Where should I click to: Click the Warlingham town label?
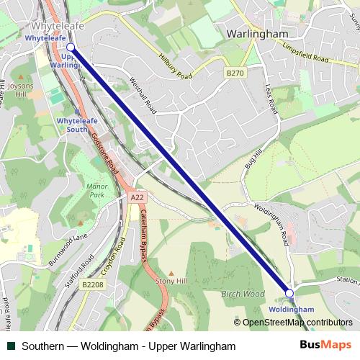pyautogui.click(x=257, y=33)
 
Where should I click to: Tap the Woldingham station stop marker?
pyautogui.click(x=289, y=293)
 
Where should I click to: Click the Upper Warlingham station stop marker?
pyautogui.click(x=70, y=47)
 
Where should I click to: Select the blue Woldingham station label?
pyautogui.click(x=291, y=309)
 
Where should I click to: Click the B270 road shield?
pyautogui.click(x=235, y=73)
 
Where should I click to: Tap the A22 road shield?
pyautogui.click(x=137, y=197)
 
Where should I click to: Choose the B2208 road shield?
pyautogui.click(x=92, y=285)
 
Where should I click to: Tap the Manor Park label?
pyautogui.click(x=96, y=191)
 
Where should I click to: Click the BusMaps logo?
pyautogui.click(x=325, y=346)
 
